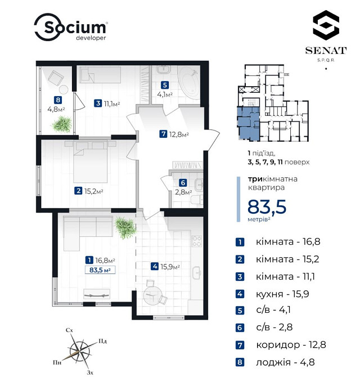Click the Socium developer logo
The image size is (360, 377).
click(x=71, y=27)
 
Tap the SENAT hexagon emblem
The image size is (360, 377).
click(x=326, y=24)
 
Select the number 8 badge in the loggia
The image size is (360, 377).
click(x=58, y=100)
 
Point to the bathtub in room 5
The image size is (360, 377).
click(x=189, y=83)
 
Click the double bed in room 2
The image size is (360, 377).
click(x=90, y=161)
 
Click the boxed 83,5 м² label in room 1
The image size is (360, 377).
click(x=100, y=270)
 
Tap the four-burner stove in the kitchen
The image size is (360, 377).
click(x=196, y=241)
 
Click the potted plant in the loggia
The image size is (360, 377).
click(x=62, y=124)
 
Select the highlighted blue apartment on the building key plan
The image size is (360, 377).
click(x=249, y=124)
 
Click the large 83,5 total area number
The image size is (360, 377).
click(x=267, y=207)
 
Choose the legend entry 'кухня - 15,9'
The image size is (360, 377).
click(x=282, y=294)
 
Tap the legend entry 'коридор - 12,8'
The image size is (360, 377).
click(x=291, y=345)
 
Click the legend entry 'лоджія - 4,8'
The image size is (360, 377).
click(x=285, y=362)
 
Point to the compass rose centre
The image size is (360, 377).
click(x=79, y=352)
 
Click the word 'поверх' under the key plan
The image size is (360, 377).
click(x=297, y=162)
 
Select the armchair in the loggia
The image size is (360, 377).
click(x=56, y=78)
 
